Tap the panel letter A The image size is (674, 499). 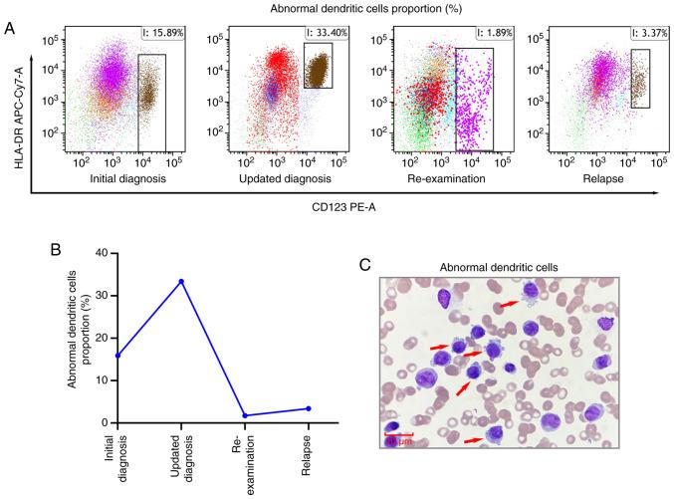9,30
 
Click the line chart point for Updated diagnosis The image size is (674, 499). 180,281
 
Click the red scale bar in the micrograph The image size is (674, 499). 397,433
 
